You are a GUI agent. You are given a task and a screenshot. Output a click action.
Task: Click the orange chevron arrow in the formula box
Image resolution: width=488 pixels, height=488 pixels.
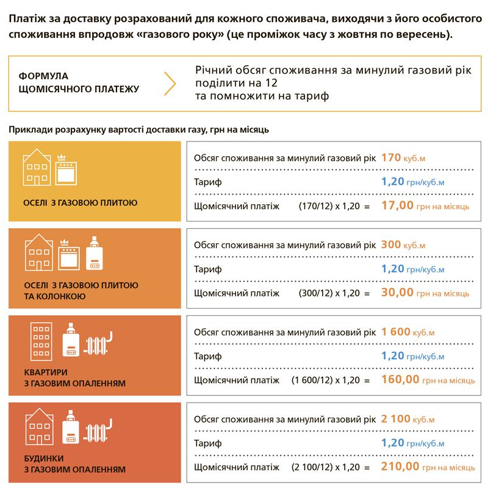tap(170, 83)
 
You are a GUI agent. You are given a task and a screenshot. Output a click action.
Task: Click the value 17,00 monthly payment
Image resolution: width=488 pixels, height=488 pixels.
tap(397, 206)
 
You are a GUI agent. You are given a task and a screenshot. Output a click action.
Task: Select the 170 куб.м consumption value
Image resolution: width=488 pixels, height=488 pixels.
tap(403, 158)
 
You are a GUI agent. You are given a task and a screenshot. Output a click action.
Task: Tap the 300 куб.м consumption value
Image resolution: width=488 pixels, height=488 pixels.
tap(403, 245)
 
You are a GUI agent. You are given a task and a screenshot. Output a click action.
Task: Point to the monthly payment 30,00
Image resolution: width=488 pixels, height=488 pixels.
tap(397, 293)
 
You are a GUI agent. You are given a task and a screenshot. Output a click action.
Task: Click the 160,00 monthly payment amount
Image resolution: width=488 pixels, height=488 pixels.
tap(400, 379)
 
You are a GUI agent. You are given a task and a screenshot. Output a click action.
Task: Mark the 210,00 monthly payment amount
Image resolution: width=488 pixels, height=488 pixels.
tap(400, 467)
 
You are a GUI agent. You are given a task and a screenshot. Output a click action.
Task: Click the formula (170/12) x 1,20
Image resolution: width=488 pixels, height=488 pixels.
tap(334, 207)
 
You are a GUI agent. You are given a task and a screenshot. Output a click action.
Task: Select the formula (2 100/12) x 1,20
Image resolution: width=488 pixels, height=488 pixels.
tap(331, 467)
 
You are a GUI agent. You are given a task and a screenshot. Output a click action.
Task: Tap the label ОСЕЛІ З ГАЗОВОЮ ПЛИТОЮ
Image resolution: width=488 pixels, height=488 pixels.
tap(81, 203)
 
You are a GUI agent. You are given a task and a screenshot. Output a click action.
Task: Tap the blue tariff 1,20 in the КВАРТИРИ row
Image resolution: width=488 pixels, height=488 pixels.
tap(393, 356)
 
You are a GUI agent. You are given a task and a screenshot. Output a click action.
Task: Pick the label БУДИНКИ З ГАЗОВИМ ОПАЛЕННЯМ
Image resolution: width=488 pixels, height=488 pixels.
tap(75, 464)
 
